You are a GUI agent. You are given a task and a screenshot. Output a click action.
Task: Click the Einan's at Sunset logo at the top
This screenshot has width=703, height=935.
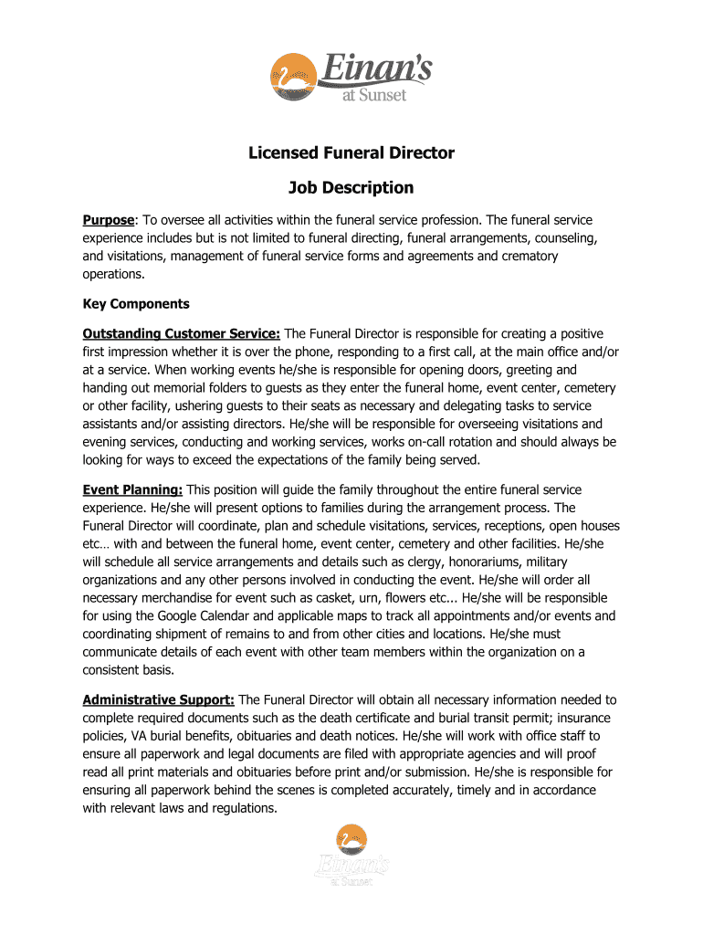click(351, 77)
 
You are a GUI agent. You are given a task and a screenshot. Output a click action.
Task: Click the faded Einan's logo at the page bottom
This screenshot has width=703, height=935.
click(351, 855)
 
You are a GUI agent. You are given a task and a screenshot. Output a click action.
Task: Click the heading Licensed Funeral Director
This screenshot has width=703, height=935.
click(351, 152)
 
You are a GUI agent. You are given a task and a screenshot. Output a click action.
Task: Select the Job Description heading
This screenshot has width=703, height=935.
click(351, 188)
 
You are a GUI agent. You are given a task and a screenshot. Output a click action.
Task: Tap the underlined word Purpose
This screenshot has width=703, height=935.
click(109, 221)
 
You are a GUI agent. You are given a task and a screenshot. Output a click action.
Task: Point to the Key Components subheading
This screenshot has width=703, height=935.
click(136, 304)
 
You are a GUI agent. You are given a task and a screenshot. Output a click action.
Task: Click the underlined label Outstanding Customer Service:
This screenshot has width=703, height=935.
click(182, 334)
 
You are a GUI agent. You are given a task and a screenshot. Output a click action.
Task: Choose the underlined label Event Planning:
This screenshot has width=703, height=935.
click(132, 490)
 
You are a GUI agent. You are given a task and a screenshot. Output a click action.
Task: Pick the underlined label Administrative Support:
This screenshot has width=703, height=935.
click(159, 700)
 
